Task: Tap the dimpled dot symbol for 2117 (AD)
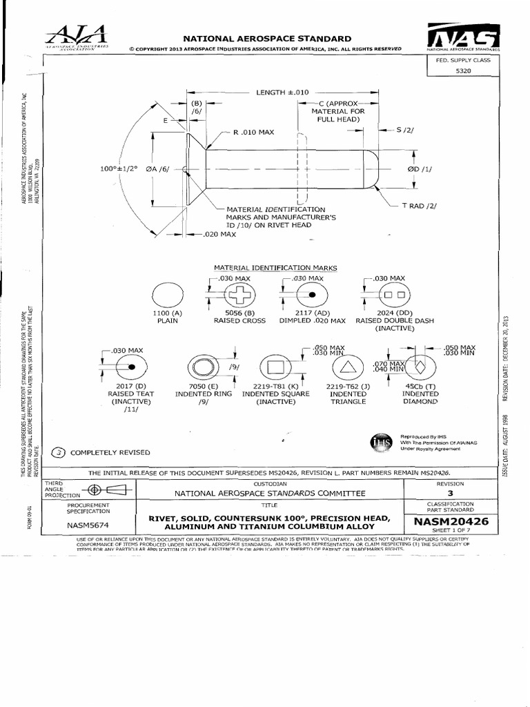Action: pyautogui.click(x=312, y=294)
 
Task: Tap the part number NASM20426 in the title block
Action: pyautogui.click(x=451, y=522)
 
